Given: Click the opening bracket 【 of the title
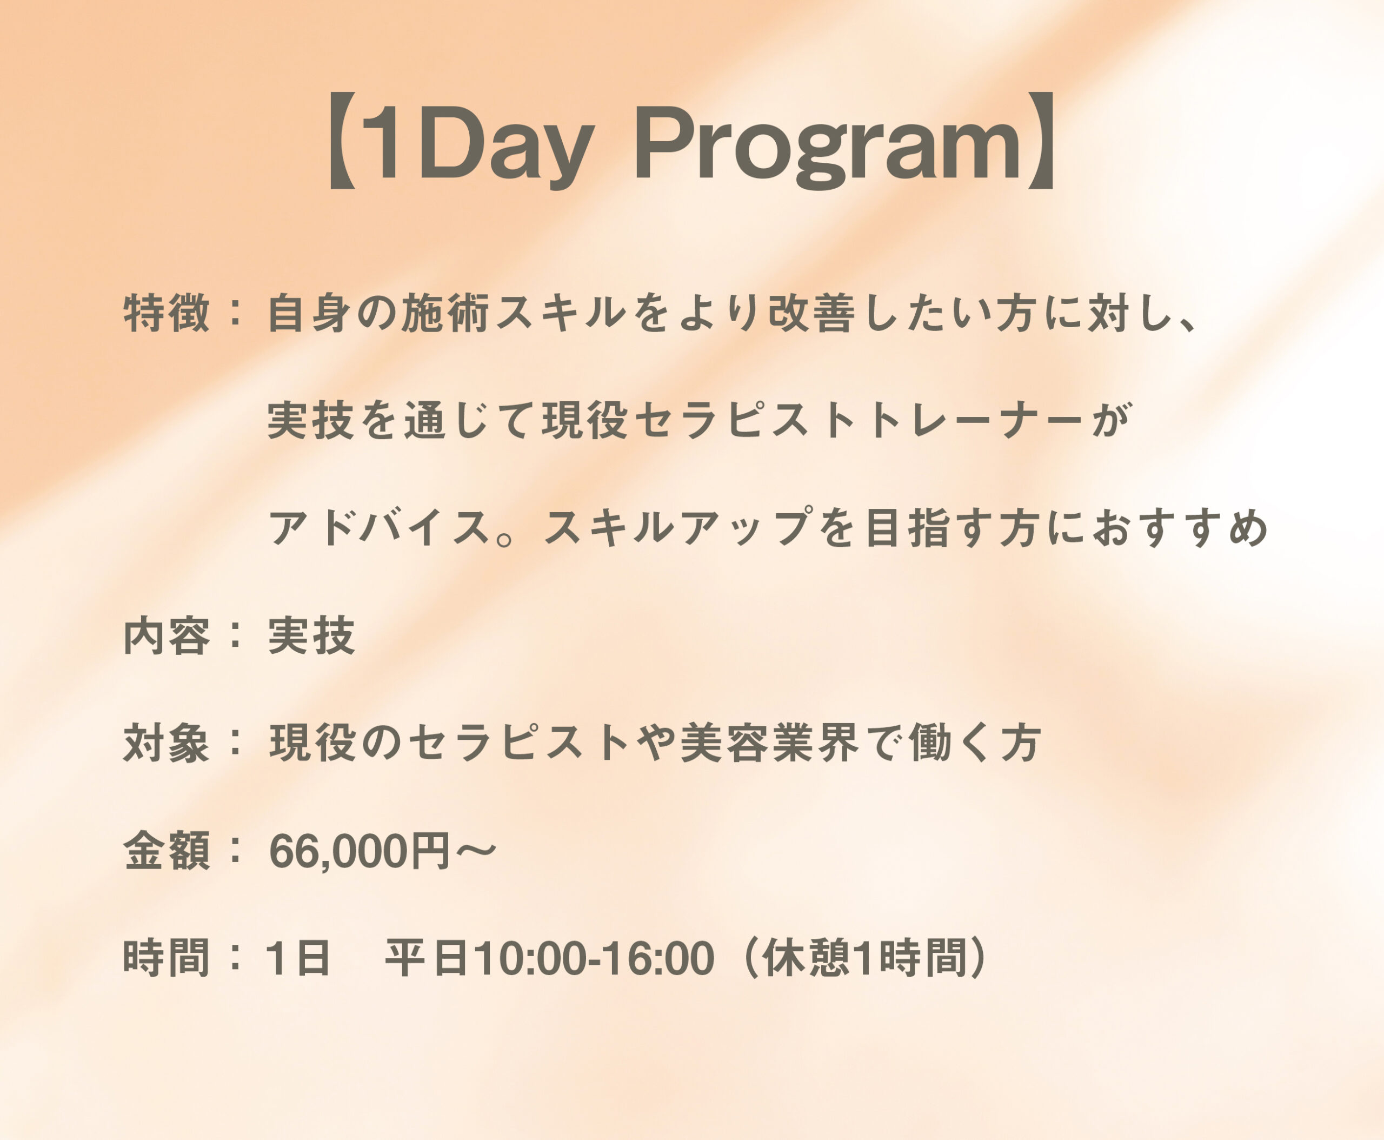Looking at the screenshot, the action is point(341,141).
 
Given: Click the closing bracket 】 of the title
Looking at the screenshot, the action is point(1040,141).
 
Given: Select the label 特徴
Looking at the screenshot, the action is point(167,313).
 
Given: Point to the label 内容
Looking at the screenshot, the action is point(167,635).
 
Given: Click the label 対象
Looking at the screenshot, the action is point(167,744).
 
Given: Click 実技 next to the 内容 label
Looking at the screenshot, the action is point(312,635).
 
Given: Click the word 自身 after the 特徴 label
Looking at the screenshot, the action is point(312,313).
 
